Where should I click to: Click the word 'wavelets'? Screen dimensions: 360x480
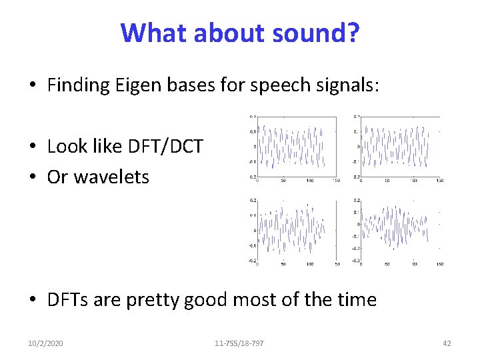pyautogui.click(x=111, y=177)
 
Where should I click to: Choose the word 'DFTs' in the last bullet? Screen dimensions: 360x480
pyautogui.click(x=67, y=299)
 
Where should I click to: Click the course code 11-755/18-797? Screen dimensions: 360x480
pyautogui.click(x=239, y=343)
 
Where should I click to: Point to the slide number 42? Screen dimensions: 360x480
pyautogui.click(x=447, y=343)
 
